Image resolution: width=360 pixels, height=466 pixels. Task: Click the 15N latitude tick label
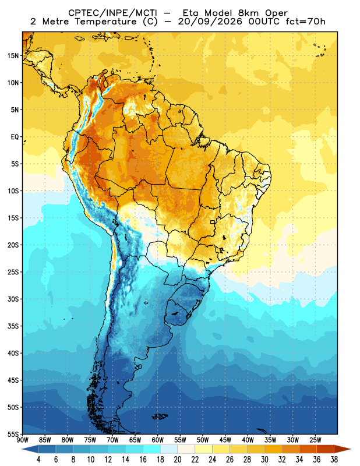[x=13, y=55]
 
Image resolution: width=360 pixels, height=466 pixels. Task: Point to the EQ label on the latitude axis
[x=15, y=137]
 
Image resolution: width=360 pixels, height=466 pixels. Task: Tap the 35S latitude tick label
[x=13, y=326]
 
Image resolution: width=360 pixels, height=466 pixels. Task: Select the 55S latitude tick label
[x=13, y=434]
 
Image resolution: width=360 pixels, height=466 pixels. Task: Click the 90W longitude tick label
[x=23, y=440]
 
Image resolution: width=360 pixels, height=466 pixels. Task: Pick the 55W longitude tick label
[x=180, y=440]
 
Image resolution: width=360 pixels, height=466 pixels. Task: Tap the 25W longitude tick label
[x=315, y=440]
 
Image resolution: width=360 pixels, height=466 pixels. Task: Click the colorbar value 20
[x=178, y=460]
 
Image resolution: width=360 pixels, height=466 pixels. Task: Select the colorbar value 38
[x=334, y=460]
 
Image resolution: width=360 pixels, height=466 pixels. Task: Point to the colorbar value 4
[x=38, y=460]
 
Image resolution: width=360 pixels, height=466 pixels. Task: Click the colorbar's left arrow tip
[x=22, y=449]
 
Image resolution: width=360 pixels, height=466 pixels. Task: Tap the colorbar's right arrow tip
[x=351, y=449]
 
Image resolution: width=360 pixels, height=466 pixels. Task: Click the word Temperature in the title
[x=105, y=22]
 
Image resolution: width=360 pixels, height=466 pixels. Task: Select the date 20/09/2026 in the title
[x=211, y=22]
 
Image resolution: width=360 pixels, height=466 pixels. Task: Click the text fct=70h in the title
[x=305, y=22]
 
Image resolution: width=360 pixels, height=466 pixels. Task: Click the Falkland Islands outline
[x=160, y=416]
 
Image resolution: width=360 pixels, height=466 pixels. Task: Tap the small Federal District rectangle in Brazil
[x=213, y=222]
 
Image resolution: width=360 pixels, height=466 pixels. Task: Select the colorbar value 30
[x=264, y=460]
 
